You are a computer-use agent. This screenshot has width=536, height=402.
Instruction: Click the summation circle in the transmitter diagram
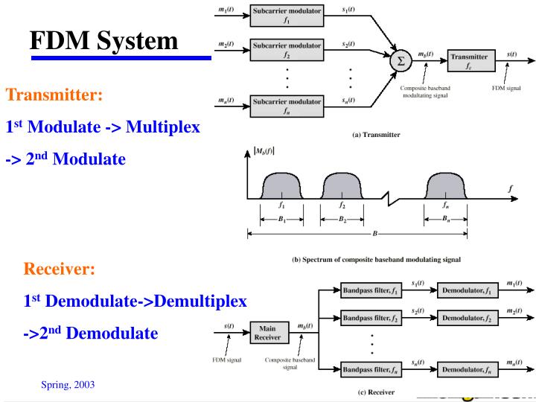(401, 60)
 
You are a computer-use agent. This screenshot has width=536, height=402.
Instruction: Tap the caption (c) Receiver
(375, 392)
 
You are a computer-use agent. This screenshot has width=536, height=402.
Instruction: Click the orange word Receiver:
(60, 268)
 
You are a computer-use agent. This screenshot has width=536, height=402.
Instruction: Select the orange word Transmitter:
(54, 95)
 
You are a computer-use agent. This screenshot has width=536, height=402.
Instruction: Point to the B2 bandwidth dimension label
(342, 220)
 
